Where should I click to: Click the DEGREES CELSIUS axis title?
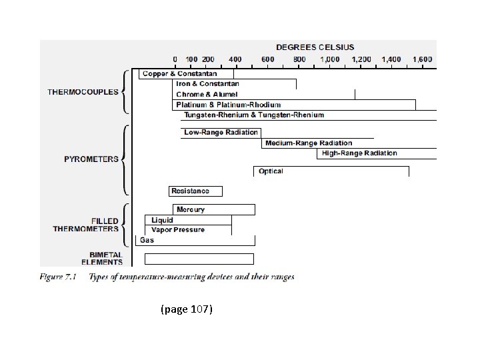pos(315,47)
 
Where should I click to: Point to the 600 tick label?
pos(267,59)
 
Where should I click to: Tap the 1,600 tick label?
pos(422,59)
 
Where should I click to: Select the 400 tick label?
pos(236,59)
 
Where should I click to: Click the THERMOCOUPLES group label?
pos(83,92)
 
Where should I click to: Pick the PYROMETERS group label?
pos(91,159)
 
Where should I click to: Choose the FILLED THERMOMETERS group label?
pos(85,225)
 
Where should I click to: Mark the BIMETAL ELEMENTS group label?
pos(106,258)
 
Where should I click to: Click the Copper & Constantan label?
pos(179,73)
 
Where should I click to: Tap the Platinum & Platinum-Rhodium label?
pos(228,105)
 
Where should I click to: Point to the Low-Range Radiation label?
pos(221,132)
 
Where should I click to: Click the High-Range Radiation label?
pos(359,153)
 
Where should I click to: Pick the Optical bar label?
pos(271,171)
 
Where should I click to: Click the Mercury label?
pos(191,209)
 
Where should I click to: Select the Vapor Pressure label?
pos(178,230)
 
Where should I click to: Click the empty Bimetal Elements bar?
pos(199,259)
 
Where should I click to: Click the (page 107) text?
pos(187,309)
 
